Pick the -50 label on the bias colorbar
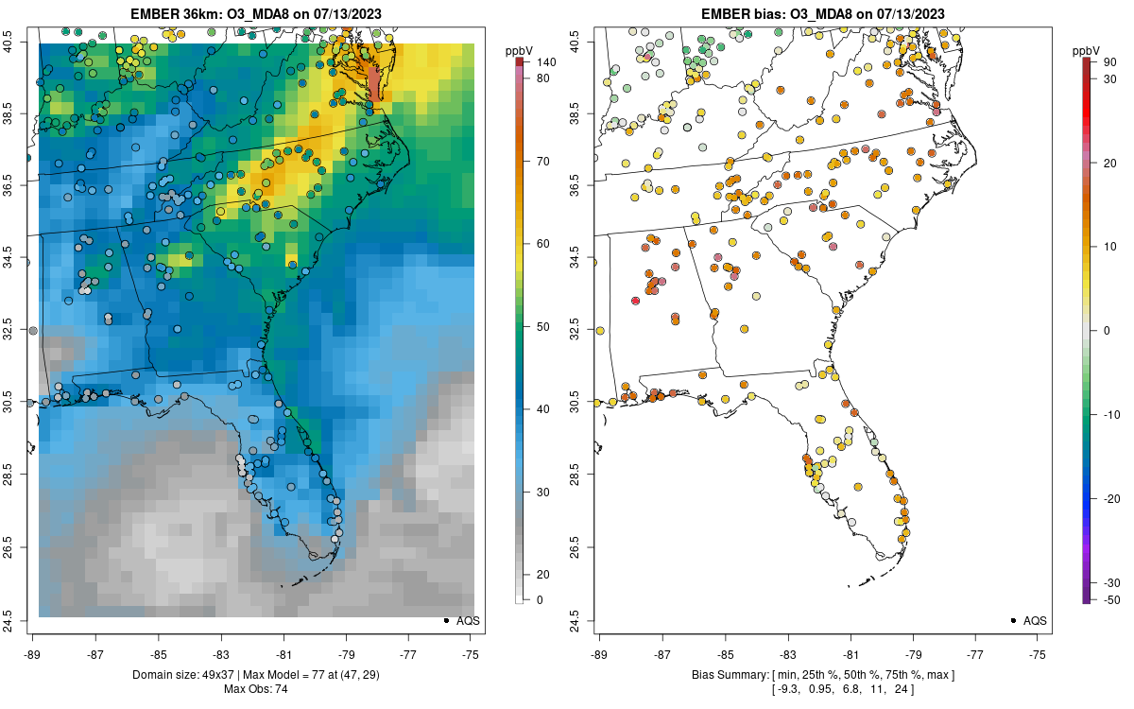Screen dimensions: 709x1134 1110,599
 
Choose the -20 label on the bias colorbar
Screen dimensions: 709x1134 1110,498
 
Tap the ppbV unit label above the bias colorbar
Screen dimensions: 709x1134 1085,48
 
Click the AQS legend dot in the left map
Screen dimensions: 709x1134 445,620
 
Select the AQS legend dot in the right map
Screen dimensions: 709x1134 1012,620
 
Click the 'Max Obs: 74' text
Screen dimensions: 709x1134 255,689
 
